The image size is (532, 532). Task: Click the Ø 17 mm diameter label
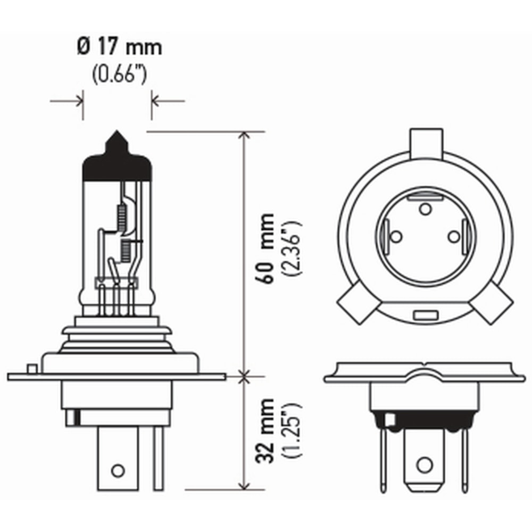(119, 48)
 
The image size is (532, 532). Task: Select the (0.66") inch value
(119, 75)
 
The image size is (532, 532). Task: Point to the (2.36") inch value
(292, 247)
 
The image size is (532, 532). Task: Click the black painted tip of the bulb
(117, 160)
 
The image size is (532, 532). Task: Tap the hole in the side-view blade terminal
(118, 470)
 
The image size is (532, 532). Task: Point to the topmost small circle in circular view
(425, 209)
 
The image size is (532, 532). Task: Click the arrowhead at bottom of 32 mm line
(244, 485)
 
